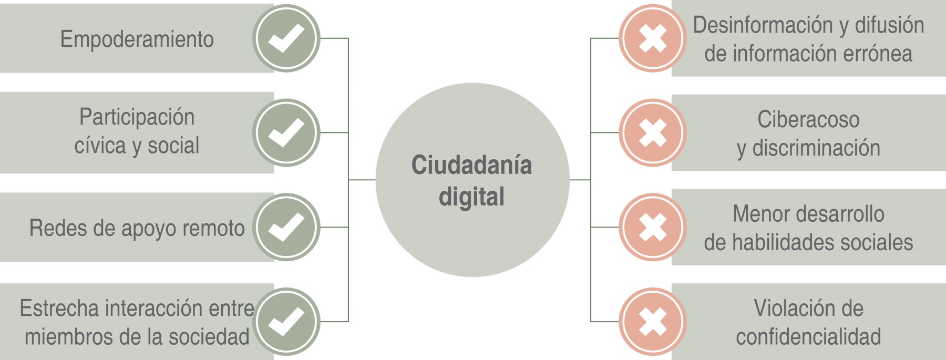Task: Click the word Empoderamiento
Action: click(x=137, y=39)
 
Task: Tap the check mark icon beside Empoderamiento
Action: click(x=286, y=38)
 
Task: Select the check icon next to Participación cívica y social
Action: click(x=286, y=132)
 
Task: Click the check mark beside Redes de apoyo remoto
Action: click(x=286, y=227)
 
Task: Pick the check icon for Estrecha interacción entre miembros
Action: click(x=286, y=321)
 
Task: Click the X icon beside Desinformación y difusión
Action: click(x=652, y=38)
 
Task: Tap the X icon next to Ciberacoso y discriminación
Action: click(x=652, y=132)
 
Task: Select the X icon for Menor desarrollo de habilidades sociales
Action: click(x=652, y=227)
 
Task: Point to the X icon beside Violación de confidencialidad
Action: click(x=652, y=321)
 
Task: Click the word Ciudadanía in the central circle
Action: click(x=471, y=165)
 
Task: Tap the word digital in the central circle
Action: click(x=471, y=197)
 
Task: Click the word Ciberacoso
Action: click(x=808, y=120)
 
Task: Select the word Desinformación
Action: click(x=763, y=25)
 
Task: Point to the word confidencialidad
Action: click(x=808, y=337)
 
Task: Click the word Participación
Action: click(x=137, y=117)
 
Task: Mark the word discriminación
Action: click(x=816, y=148)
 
